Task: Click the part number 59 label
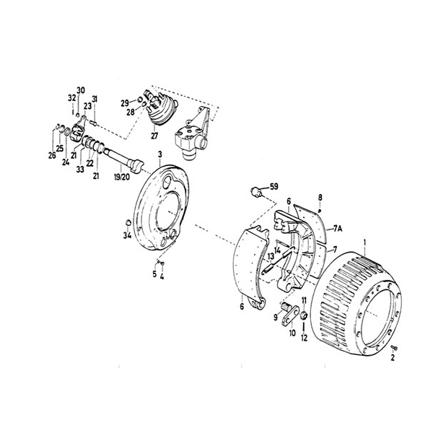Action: (274, 187)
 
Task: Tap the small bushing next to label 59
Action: (255, 192)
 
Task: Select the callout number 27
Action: (154, 136)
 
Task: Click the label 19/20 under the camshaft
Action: (121, 177)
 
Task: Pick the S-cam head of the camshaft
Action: (136, 165)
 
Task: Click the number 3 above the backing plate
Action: (160, 154)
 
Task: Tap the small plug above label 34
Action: (128, 222)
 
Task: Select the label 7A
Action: (338, 228)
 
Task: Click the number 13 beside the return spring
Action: (271, 256)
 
